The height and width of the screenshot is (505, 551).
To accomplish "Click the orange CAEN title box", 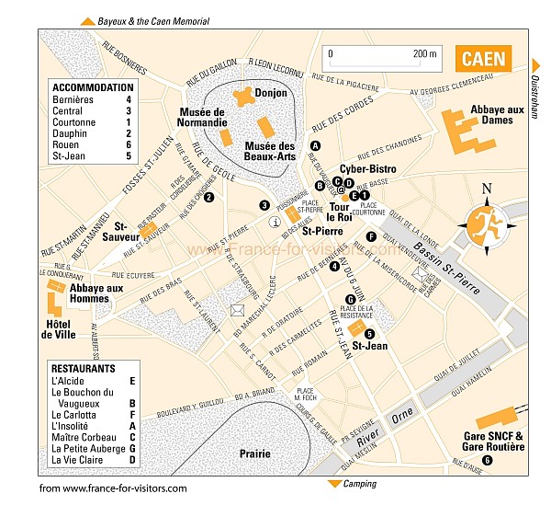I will [483, 59].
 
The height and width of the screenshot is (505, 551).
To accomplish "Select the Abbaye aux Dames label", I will [496, 115].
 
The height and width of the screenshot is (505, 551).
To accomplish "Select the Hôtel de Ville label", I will [62, 329].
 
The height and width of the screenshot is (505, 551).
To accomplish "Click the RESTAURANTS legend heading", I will [84, 368].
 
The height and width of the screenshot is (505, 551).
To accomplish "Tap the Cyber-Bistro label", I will [368, 169].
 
